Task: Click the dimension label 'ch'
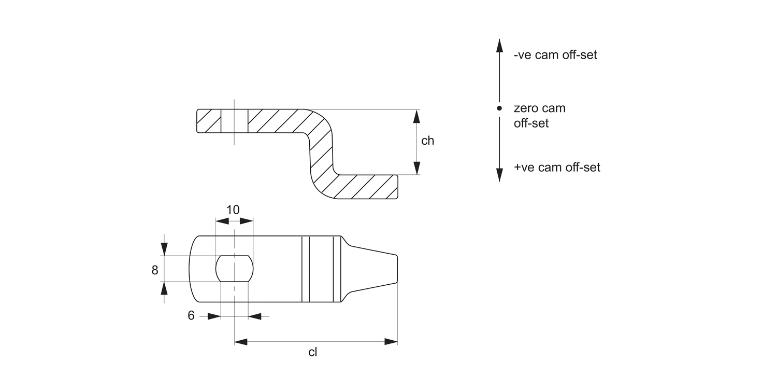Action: pos(427,141)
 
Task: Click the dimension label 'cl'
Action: pos(312,353)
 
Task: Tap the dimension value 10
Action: pos(233,210)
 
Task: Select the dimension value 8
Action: pos(155,270)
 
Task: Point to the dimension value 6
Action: pos(191,316)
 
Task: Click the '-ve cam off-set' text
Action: pos(555,55)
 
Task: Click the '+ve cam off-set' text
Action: pos(557,168)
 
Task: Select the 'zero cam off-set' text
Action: pos(539,116)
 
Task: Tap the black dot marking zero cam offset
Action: pos(499,108)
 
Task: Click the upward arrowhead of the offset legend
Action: pos(499,46)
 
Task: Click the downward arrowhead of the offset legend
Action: pos(499,175)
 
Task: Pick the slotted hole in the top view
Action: pos(234,268)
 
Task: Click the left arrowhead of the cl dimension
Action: pos(241,341)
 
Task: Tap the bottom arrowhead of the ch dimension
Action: pos(416,168)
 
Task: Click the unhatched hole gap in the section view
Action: pos(234,121)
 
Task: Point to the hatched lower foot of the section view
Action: pos(363,187)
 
